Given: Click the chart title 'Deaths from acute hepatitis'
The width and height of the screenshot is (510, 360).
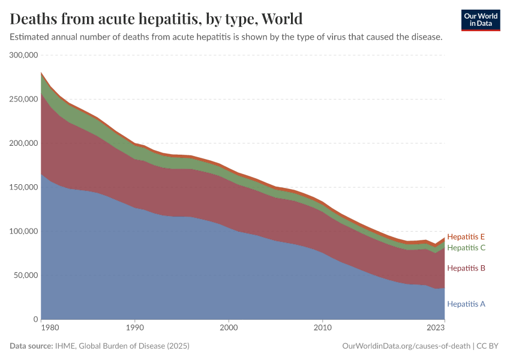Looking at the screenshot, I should (x=156, y=18).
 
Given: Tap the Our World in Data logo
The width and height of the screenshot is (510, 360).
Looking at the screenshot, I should (x=480, y=20).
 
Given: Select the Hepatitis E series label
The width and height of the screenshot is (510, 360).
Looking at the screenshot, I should (x=466, y=237).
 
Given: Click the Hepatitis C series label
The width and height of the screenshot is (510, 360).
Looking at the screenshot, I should (x=466, y=248).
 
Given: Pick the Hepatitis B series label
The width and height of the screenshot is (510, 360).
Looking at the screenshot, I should (x=466, y=268).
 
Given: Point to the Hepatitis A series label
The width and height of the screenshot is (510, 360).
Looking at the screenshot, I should (x=466, y=304).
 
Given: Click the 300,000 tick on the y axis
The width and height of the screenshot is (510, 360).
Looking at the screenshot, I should (x=24, y=55).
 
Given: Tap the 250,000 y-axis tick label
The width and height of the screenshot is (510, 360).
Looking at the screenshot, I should (x=24, y=99).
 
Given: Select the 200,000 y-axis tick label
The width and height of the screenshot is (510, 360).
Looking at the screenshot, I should (x=24, y=143).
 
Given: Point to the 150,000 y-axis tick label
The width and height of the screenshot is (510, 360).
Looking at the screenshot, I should (x=24, y=187).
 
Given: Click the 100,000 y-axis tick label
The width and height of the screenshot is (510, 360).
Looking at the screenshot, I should (x=24, y=232).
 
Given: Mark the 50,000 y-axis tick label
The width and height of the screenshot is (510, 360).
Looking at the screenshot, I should (x=26, y=275).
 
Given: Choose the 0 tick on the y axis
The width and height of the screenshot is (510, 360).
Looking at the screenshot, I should (x=36, y=320).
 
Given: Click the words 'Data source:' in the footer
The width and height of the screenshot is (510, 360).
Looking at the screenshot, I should (x=31, y=346).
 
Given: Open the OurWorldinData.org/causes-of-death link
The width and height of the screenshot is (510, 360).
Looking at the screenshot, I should (x=406, y=346).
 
